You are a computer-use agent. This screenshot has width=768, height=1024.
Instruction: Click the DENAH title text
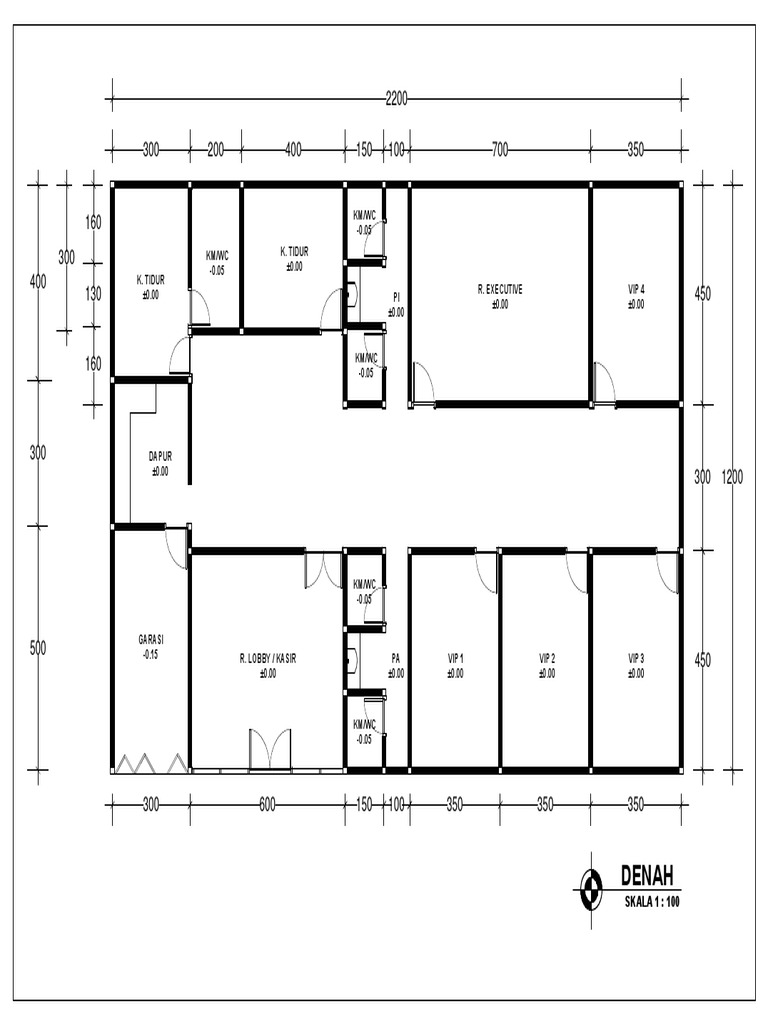pyautogui.click(x=647, y=877)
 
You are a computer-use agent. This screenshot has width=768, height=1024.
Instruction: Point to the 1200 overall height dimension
pyautogui.click(x=733, y=478)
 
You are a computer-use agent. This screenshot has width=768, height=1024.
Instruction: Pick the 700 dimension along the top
pyautogui.click(x=500, y=150)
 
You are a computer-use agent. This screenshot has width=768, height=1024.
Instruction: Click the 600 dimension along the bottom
pyautogui.click(x=267, y=802)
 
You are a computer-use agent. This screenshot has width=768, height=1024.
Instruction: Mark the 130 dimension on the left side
pyautogui.click(x=93, y=294)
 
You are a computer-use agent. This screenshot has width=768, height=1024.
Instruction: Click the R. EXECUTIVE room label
pyautogui.click(x=500, y=290)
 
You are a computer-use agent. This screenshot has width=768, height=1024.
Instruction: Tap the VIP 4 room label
pyautogui.click(x=636, y=290)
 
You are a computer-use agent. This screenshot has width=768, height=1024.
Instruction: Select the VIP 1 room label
pyautogui.click(x=455, y=659)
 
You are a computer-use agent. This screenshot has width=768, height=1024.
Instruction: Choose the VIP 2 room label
pyautogui.click(x=546, y=659)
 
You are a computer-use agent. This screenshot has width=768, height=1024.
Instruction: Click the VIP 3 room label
pyautogui.click(x=636, y=659)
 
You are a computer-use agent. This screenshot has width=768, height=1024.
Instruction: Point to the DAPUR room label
pyautogui.click(x=160, y=456)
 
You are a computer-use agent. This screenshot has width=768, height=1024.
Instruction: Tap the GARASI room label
pyautogui.click(x=151, y=639)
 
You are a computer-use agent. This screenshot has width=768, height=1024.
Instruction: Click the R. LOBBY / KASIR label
pyautogui.click(x=267, y=659)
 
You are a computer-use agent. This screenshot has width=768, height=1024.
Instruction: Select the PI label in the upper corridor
pyautogui.click(x=396, y=297)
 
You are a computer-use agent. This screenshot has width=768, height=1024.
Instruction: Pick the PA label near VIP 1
pyautogui.click(x=396, y=659)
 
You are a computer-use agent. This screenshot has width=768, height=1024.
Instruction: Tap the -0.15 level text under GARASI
pyautogui.click(x=151, y=653)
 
